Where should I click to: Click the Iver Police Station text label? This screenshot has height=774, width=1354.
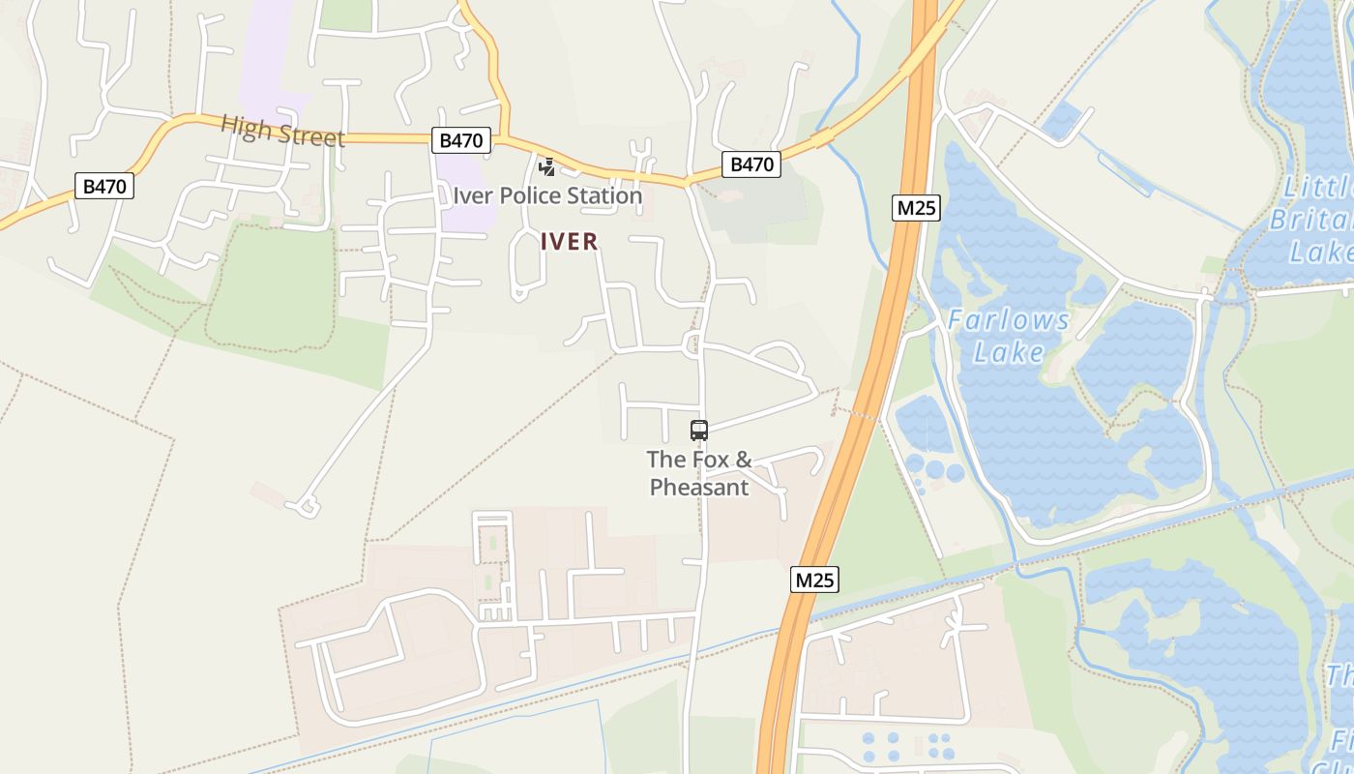[547, 195]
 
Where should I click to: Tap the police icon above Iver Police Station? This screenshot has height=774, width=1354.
[547, 166]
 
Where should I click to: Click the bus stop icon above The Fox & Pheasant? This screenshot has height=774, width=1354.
[698, 431]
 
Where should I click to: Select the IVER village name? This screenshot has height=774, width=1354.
[570, 242]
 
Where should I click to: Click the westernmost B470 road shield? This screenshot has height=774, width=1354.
[104, 186]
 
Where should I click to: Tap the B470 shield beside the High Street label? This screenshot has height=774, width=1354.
[460, 140]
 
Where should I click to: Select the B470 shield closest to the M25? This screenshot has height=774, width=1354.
[751, 164]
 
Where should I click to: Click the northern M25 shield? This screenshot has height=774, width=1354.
[916, 207]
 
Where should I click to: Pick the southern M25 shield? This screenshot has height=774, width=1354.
[813, 580]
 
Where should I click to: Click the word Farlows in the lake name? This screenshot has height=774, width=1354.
[1009, 320]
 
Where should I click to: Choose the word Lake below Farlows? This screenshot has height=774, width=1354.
[1009, 351]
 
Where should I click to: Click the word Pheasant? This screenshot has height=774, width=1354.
[698, 488]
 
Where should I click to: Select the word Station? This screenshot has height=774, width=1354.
[604, 195]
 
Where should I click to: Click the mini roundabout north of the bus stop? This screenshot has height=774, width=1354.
[692, 343]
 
